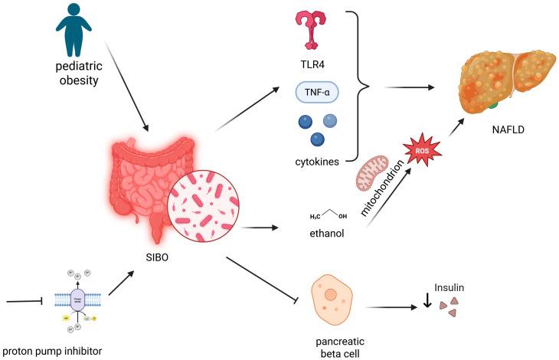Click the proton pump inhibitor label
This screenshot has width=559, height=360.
(59, 351)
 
